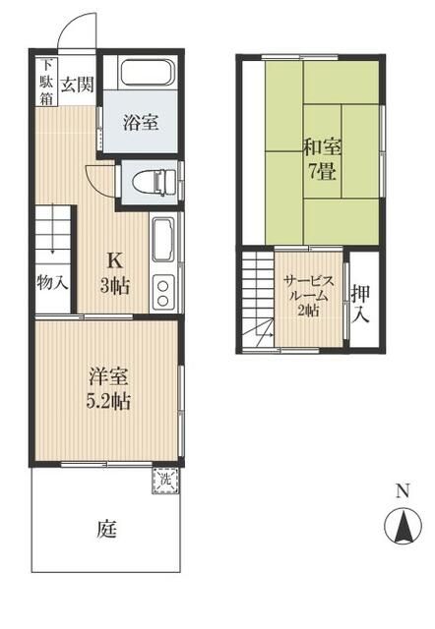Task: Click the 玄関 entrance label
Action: (x=77, y=86)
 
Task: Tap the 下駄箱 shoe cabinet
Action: (x=47, y=82)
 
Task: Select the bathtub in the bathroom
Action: (x=149, y=73)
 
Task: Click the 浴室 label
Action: (x=141, y=122)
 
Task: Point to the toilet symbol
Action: (x=155, y=183)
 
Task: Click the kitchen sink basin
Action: (x=163, y=240)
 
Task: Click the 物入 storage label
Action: (x=52, y=283)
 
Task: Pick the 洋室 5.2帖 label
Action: (x=108, y=389)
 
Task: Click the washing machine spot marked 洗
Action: (x=166, y=481)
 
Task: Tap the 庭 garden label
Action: (x=106, y=529)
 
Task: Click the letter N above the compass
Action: (x=403, y=491)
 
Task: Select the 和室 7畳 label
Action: (x=322, y=159)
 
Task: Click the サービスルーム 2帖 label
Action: (x=308, y=296)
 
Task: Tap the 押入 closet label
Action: (x=360, y=305)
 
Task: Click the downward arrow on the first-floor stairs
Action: (x=52, y=237)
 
